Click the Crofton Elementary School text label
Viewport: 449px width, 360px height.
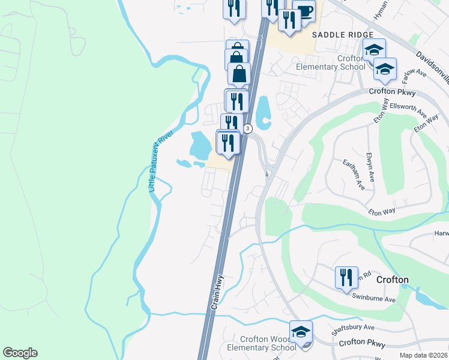(x=330, y=62)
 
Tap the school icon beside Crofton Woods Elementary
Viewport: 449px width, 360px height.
(x=301, y=331)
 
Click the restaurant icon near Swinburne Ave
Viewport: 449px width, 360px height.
(x=346, y=277)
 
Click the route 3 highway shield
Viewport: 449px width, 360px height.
(x=248, y=128)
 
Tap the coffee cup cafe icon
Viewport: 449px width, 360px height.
(x=304, y=11)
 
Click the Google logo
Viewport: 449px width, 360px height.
(x=20, y=353)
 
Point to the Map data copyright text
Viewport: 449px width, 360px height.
(x=423, y=355)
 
